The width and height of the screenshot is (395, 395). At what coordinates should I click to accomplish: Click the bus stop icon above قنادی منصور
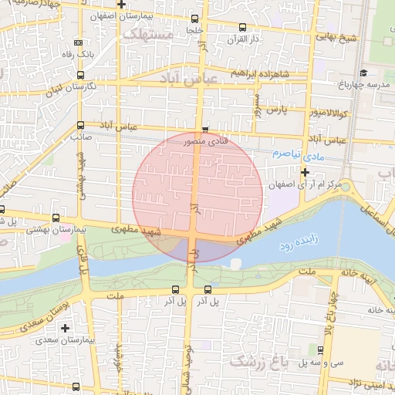click(204, 130)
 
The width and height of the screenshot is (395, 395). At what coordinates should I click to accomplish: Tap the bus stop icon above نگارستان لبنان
click(81, 75)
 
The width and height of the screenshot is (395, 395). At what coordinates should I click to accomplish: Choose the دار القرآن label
click(242, 38)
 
